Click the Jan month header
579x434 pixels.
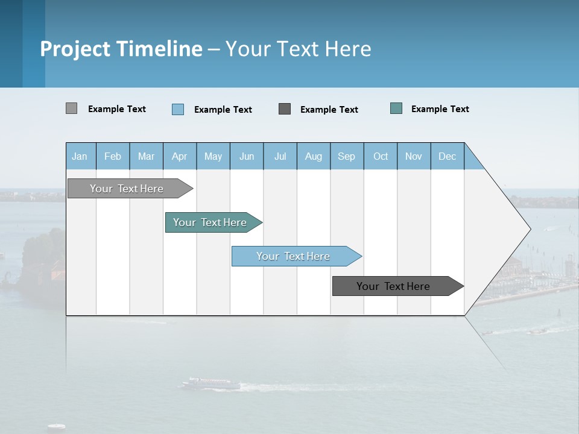tap(80, 156)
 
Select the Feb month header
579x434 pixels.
tap(113, 156)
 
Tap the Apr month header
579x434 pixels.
tap(180, 156)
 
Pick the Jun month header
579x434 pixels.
tap(247, 156)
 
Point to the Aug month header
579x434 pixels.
tap(314, 156)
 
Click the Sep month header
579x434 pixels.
tap(346, 156)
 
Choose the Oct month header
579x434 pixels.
tap(381, 156)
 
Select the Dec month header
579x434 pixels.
tap(448, 156)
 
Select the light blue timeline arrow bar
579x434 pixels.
tap(294, 256)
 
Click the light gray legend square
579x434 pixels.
tap(72, 108)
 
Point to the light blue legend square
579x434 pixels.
tap(178, 109)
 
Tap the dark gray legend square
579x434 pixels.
tap(285, 108)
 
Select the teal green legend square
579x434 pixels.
tap(396, 108)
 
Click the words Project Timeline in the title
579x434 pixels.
tap(121, 49)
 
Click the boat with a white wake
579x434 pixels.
tap(205, 383)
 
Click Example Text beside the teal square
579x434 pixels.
tap(440, 109)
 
